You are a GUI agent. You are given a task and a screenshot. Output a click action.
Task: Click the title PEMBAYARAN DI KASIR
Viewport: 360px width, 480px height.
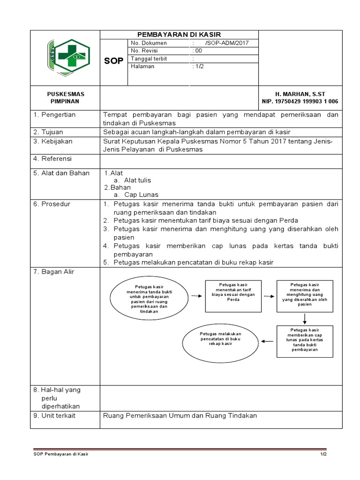[x=179, y=35]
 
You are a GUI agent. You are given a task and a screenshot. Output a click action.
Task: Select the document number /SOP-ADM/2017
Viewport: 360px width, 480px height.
[x=226, y=43]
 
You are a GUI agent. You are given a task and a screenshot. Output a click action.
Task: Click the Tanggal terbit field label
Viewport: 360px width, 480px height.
[x=149, y=59]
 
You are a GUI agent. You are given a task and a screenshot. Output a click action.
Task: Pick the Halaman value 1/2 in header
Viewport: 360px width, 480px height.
[x=199, y=67]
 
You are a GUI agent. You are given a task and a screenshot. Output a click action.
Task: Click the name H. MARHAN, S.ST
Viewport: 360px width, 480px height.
[x=300, y=94]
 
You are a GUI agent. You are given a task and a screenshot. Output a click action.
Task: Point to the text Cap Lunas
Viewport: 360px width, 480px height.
[x=141, y=195]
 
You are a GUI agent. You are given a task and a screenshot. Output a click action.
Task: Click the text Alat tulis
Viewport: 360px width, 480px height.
[x=137, y=180]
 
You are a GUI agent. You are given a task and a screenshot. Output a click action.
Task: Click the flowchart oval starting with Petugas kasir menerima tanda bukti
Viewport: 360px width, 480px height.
[x=149, y=295]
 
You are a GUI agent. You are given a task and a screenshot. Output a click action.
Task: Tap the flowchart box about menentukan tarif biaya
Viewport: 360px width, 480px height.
[x=233, y=296]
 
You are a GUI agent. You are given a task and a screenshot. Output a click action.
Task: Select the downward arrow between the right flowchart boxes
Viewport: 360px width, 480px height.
[x=305, y=319]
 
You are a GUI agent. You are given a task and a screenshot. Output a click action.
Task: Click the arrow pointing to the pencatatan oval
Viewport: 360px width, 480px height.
[x=267, y=341]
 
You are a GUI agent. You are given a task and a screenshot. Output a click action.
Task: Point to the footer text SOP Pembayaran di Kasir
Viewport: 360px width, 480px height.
[x=61, y=455]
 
